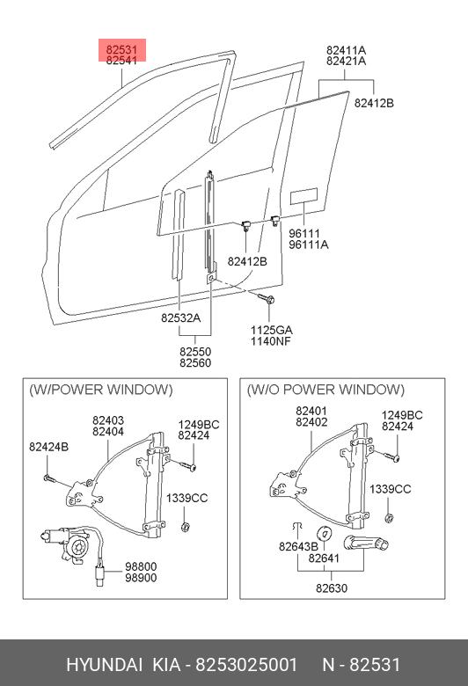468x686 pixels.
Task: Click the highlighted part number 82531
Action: (121, 49)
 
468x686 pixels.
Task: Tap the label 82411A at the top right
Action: (346, 50)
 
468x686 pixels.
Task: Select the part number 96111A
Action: (308, 244)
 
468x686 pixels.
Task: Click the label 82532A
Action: (181, 317)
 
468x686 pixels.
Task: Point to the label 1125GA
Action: (271, 330)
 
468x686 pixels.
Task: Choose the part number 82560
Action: (195, 362)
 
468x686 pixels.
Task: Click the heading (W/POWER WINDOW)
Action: (101, 390)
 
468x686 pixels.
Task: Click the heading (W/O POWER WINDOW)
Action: (325, 390)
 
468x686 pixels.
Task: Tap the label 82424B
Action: (49, 447)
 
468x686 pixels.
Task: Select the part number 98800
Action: (141, 566)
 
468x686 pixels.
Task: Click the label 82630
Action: (332, 588)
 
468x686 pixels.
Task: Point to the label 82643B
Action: (298, 546)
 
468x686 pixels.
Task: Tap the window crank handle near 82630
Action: (366, 544)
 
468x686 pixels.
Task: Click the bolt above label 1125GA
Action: (266, 299)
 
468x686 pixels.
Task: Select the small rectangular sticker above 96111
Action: (303, 196)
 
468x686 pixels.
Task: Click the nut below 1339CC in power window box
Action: (185, 526)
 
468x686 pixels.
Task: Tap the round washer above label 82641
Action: (325, 533)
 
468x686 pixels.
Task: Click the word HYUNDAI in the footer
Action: (104, 665)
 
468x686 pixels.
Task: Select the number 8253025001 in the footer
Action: (246, 665)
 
